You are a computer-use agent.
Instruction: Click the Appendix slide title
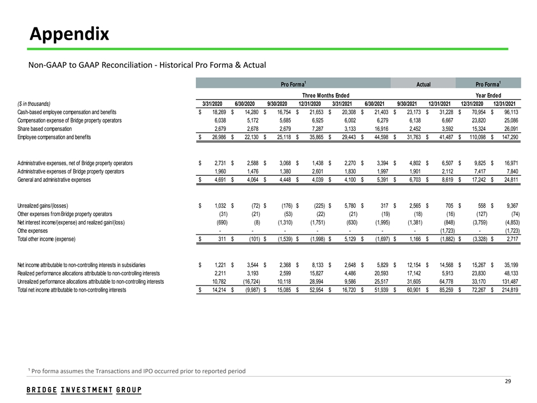(69, 35)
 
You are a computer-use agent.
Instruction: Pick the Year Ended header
(488, 95)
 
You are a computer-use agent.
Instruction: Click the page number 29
(508, 381)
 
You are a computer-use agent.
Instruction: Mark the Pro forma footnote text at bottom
(137, 371)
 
